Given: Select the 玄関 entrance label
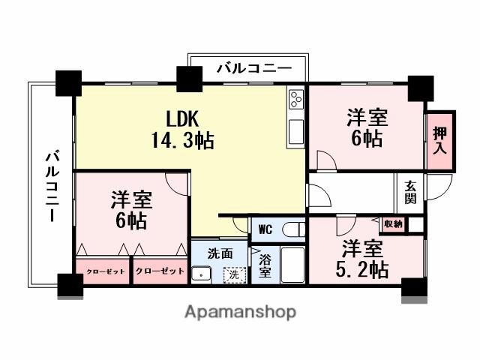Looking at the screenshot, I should coord(410,193).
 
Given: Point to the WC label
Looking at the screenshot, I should coord(267,229).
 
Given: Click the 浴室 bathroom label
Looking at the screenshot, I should coord(265,266).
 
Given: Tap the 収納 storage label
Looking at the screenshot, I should coord(393,223).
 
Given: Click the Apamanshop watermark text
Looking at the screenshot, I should coord(240,311).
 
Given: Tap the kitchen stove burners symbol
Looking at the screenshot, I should coord(295,100).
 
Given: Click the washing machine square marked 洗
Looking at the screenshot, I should coord(236,275).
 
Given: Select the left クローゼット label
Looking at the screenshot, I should coord(103,271).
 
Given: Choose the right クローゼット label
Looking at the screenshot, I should coord(160,271).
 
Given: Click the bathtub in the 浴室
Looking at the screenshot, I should coord(292,265).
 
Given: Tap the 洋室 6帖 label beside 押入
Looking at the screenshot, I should coord(367,128).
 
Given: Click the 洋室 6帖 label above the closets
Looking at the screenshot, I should coord(131,210).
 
